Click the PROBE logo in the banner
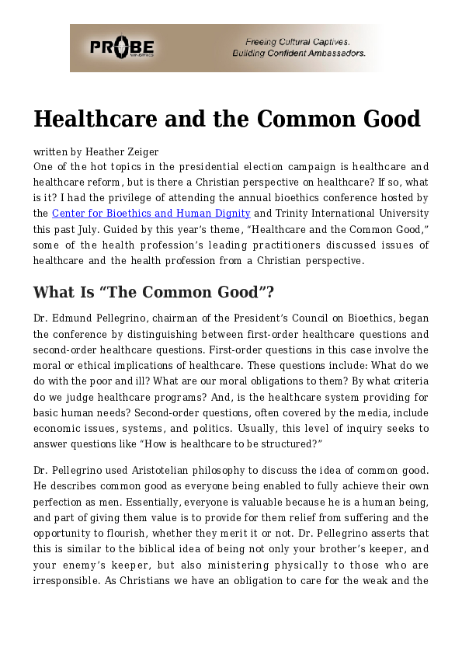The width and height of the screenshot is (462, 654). point(123,47)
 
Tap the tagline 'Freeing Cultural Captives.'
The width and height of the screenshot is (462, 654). point(297,41)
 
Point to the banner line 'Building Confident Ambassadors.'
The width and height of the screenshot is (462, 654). point(299,54)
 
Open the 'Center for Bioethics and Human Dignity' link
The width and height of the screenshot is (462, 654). point(151,214)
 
